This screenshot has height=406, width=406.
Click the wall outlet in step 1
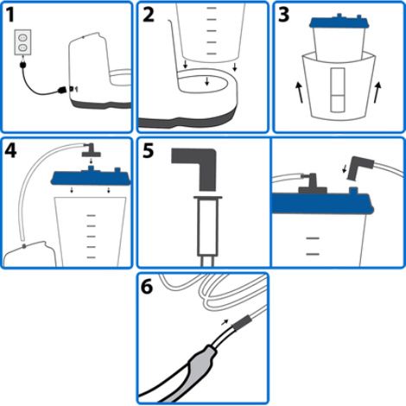[x=24, y=43]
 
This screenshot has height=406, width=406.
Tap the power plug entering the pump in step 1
[x=61, y=89]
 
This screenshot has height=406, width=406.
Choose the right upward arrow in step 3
[x=380, y=89]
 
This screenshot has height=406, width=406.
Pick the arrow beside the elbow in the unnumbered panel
[x=350, y=169]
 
